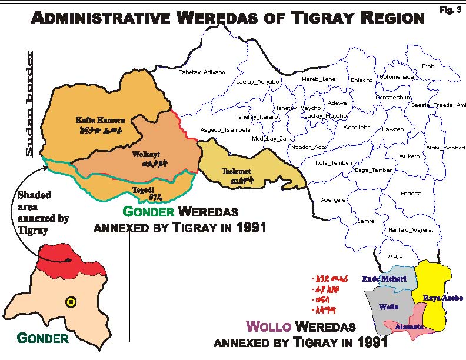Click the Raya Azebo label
coord(443,298)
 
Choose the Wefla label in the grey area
coord(386,306)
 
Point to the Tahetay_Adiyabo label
coord(202,72)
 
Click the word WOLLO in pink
coord(267,326)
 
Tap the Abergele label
coord(334,199)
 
